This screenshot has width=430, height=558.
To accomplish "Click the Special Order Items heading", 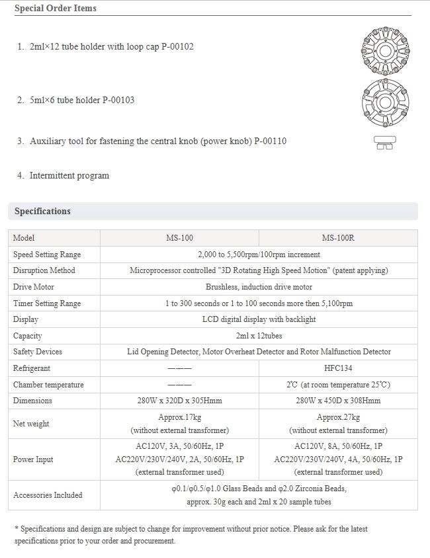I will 55,9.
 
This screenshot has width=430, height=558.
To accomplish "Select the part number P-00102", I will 174,48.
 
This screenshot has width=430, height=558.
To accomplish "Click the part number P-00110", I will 270,141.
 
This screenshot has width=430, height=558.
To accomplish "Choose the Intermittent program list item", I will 69,176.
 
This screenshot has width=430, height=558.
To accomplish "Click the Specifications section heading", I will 42,212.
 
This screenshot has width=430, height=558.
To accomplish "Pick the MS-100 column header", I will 179,238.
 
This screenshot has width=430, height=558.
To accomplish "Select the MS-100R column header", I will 338,238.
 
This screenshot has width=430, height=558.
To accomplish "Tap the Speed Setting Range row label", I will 47,255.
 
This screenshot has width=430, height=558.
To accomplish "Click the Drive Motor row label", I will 34,287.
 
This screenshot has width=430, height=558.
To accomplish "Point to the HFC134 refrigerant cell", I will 338,368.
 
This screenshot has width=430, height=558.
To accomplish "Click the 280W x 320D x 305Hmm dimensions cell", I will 179,401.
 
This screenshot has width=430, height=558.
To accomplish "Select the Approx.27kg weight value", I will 338,417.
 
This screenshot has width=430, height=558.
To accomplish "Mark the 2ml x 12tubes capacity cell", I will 259,336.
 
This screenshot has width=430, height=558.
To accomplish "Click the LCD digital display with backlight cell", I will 259,319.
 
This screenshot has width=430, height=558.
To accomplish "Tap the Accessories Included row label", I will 48,495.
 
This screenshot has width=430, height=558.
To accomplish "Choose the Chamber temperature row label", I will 48,385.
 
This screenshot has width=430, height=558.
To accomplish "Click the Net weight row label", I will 31,424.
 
